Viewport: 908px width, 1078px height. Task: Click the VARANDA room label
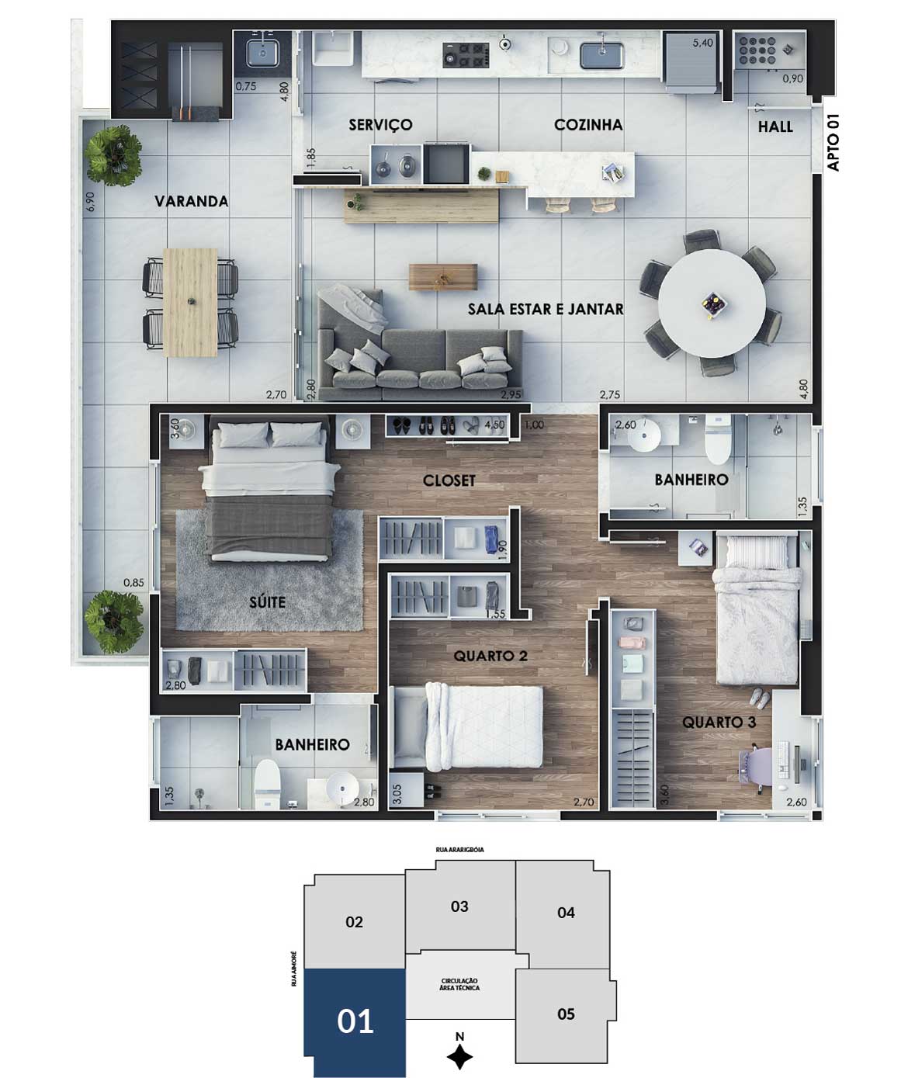click(192, 201)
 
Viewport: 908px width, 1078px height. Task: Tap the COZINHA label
click(588, 125)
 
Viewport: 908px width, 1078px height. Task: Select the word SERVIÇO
click(380, 125)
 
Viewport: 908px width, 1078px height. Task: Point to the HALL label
click(775, 127)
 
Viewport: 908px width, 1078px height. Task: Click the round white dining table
click(712, 303)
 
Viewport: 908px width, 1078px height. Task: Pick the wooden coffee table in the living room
click(443, 277)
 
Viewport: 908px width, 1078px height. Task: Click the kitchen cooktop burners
click(466, 55)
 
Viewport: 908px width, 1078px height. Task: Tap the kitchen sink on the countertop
click(601, 56)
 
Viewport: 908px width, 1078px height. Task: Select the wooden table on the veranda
click(190, 303)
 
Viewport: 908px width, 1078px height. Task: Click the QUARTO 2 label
click(490, 657)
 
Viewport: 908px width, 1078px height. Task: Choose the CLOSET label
click(449, 480)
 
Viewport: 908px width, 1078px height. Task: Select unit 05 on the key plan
click(566, 1014)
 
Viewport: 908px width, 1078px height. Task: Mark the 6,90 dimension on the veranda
click(91, 201)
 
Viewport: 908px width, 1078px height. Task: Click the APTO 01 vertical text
click(833, 142)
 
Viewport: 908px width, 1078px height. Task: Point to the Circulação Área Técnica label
click(460, 984)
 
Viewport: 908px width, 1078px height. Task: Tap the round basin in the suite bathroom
click(341, 787)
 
